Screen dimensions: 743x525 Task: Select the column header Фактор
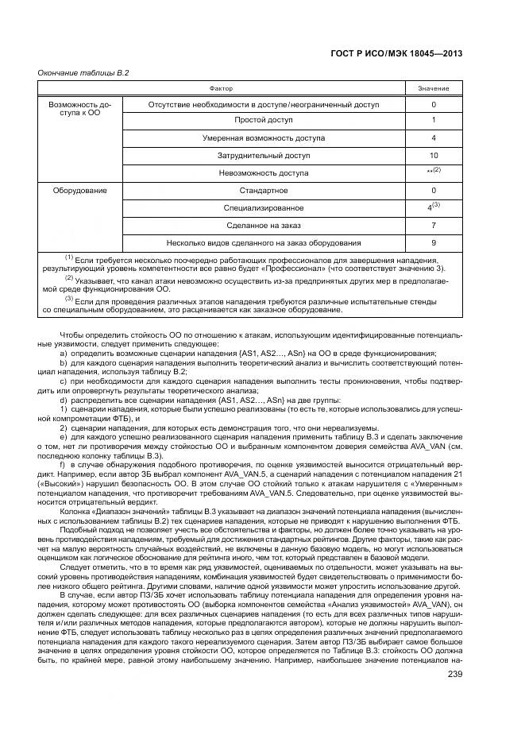(x=221, y=88)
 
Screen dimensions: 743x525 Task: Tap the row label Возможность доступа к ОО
(x=80, y=109)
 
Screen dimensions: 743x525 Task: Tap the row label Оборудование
(x=80, y=191)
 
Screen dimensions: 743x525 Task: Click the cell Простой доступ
(x=263, y=120)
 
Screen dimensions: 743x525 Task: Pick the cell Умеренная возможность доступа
(x=263, y=137)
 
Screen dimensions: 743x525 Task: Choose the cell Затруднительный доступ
(x=263, y=155)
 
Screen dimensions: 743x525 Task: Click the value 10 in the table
(x=434, y=155)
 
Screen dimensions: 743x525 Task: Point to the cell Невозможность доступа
(x=263, y=172)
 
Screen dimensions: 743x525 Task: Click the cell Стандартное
(x=263, y=191)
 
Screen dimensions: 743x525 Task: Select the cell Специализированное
(x=263, y=208)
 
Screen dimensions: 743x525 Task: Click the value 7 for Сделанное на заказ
(x=434, y=226)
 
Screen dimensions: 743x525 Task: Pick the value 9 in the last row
(x=434, y=243)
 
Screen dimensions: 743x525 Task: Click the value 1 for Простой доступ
(x=434, y=120)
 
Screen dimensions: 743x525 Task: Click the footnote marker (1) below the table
(x=69, y=258)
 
